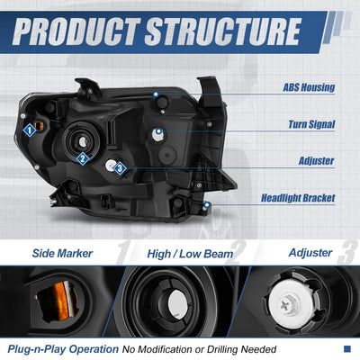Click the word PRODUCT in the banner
76,31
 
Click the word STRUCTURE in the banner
223,31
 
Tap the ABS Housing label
309,87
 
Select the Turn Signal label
311,124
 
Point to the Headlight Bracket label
298,198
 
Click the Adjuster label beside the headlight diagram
316,161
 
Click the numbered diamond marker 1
30,130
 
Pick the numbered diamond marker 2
83,158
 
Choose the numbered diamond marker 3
120,168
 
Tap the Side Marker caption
62,253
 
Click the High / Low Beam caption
190,254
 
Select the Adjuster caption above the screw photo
310,253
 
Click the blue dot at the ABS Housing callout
156,94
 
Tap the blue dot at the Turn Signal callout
158,131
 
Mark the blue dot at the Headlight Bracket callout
206,205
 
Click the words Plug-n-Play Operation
63,349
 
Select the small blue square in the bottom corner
347,348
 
